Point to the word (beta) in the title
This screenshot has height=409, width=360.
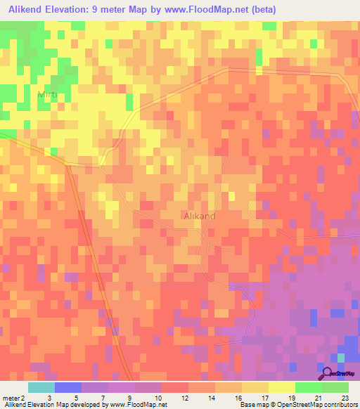coord(261,10)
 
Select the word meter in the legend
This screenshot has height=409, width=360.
coord(11,398)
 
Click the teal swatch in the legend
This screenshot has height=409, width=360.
coord(41,387)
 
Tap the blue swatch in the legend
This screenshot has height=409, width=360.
coord(67,387)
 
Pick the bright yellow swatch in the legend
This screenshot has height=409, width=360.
coord(282,387)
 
